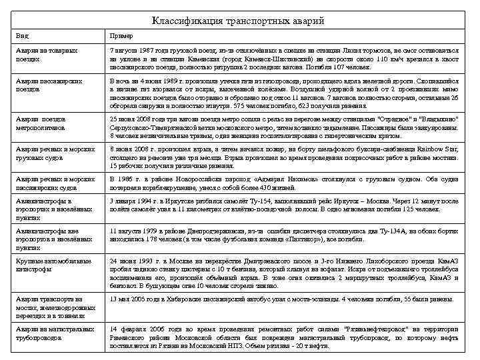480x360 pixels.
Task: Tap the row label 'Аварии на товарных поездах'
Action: coord(47,55)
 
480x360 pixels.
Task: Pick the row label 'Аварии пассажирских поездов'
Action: coord(47,84)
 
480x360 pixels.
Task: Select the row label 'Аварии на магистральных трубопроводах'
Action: coord(51,333)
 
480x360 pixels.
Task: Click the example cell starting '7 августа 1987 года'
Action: coord(284,59)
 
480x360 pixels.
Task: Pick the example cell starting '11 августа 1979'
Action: coord(284,235)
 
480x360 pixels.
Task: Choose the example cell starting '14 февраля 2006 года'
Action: coord(284,337)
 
